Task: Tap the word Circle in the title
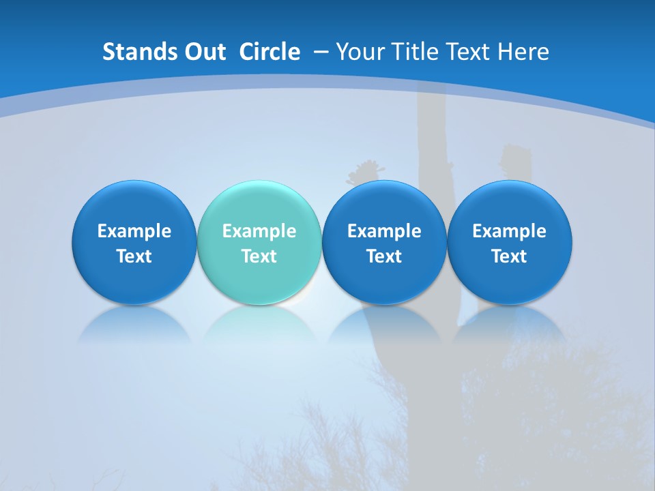coord(270,52)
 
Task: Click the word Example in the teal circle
coord(259,231)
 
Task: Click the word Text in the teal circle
coord(259,256)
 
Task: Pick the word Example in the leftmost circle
coord(134,231)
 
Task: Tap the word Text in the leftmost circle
coord(134,256)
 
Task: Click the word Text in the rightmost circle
coord(509,256)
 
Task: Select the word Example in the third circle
coord(384,231)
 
